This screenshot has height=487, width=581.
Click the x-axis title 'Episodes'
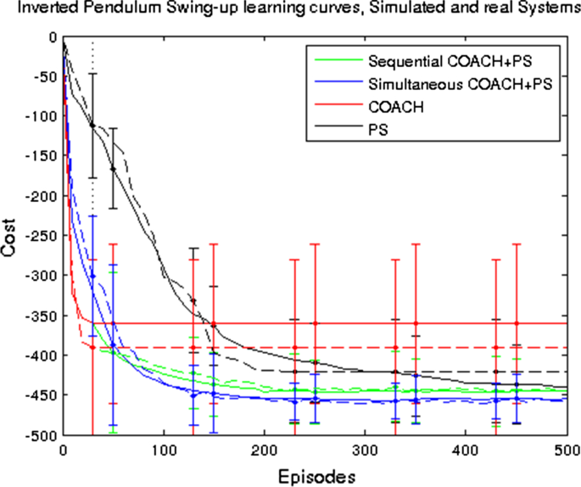click(315, 471)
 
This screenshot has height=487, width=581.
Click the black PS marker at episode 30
click(93, 126)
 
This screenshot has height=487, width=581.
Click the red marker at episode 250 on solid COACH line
click(316, 323)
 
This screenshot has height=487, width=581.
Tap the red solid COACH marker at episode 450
click(517, 323)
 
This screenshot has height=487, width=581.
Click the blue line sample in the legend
click(336, 85)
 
